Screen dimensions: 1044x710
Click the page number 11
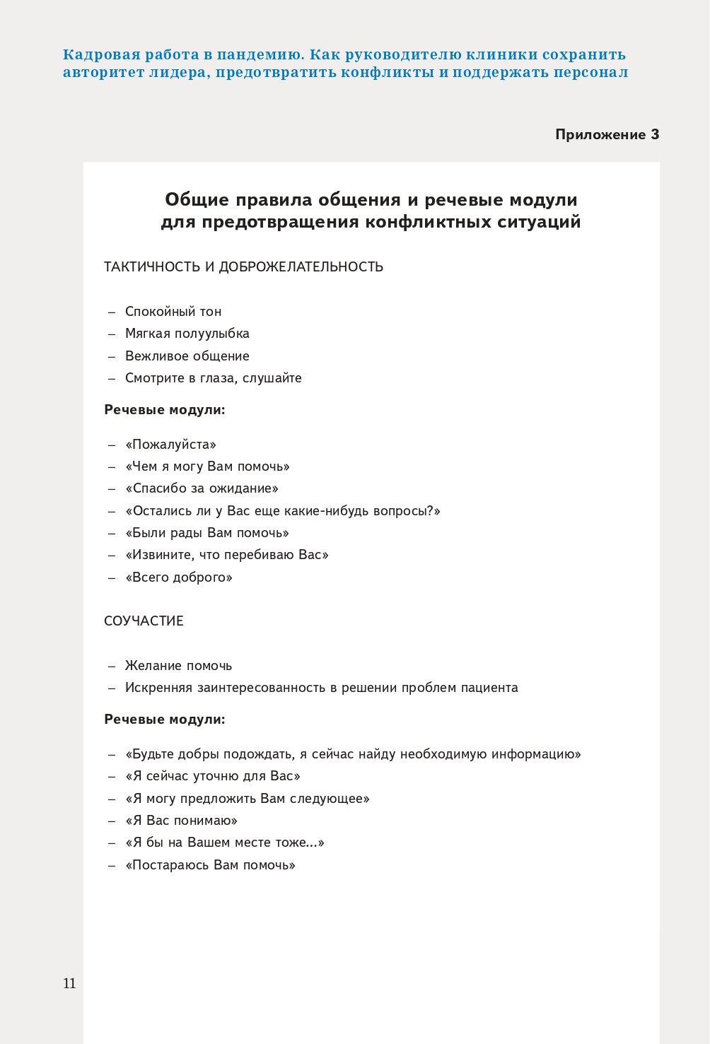(69, 983)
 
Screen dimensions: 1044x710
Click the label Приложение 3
(607, 134)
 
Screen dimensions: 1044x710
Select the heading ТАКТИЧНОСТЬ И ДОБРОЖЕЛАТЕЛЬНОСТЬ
(243, 266)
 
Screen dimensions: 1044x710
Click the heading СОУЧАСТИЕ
(144, 621)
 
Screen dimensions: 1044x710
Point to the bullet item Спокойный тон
(173, 311)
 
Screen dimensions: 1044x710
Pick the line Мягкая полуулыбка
(187, 333)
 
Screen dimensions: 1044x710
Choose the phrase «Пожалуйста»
(170, 444)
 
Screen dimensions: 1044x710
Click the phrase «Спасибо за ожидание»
(202, 488)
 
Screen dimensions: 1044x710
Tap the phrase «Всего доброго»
(179, 577)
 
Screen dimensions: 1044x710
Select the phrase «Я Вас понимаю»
(181, 820)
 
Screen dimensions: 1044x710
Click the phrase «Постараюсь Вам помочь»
(210, 864)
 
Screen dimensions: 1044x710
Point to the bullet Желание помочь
(178, 665)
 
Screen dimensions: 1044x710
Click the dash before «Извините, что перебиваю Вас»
(112, 555)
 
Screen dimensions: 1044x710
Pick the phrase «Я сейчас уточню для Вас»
(212, 775)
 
